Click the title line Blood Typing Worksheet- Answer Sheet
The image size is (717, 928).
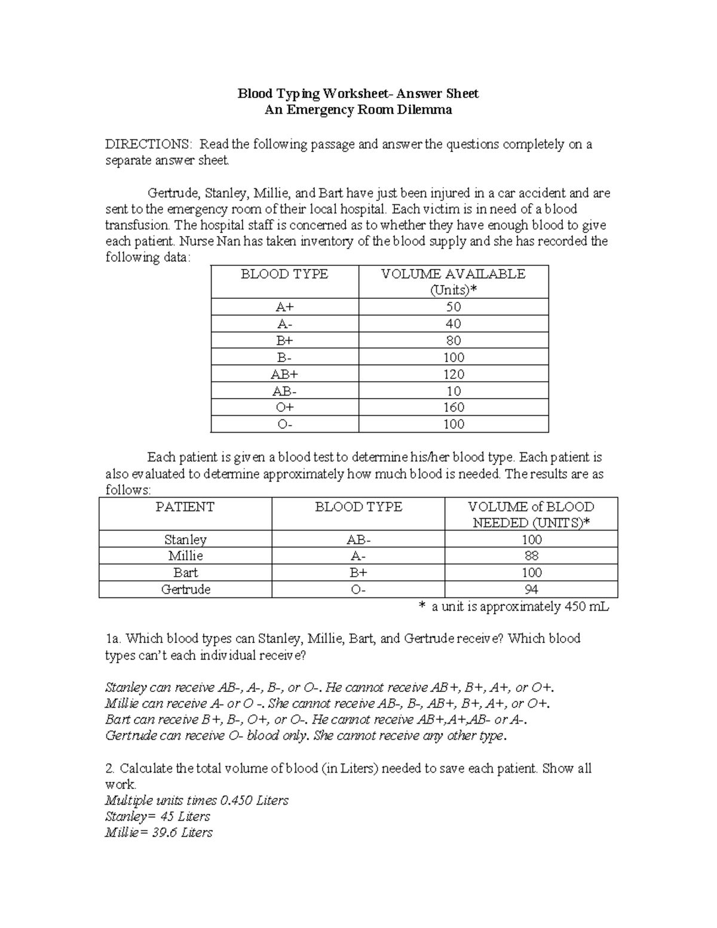coord(358,94)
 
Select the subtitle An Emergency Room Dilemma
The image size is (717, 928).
coord(358,110)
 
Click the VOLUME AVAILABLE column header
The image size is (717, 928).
coord(453,274)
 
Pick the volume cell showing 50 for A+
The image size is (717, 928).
coord(453,307)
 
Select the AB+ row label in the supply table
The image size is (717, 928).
coord(284,374)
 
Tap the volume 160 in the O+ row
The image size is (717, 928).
coord(453,408)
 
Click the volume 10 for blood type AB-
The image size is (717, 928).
coord(453,391)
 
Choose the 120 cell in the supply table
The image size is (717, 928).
coord(453,374)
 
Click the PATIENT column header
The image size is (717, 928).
coord(185,507)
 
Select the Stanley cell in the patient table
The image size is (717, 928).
coord(185,540)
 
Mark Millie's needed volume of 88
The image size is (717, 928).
coord(531,556)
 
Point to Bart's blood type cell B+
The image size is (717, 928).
coord(358,572)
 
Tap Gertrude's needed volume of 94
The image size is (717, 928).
coord(531,589)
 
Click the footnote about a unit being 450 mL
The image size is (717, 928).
coord(514,607)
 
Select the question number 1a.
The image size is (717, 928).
coord(113,639)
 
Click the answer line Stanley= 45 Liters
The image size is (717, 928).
coord(157,816)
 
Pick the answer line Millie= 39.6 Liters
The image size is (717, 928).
coord(158,832)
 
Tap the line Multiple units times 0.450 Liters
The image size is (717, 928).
coord(197,800)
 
